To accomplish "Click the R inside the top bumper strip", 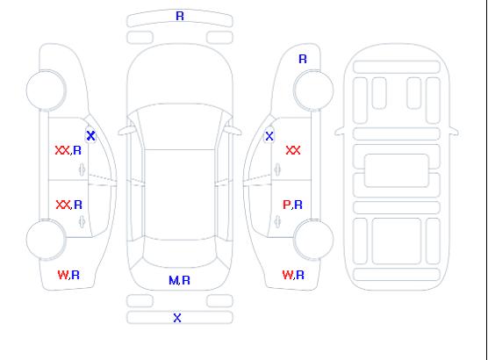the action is tap(180, 16).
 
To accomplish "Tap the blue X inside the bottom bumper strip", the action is tap(177, 318).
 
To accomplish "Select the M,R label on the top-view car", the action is tap(179, 280).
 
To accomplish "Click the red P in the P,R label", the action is tap(286, 205).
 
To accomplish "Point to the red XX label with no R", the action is tap(293, 150).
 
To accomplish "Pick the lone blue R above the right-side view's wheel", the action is tap(303, 59).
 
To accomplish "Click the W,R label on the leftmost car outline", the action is tap(68, 275).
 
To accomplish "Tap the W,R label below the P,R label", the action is tap(293, 275).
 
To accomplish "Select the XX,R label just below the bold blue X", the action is tap(68, 150).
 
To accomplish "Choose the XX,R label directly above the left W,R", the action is tap(69, 205).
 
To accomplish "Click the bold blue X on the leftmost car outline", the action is tap(91, 136).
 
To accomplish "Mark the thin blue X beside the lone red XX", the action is tap(269, 136).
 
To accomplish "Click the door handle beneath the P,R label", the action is tap(277, 221).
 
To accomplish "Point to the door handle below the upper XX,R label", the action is tap(82, 169).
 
